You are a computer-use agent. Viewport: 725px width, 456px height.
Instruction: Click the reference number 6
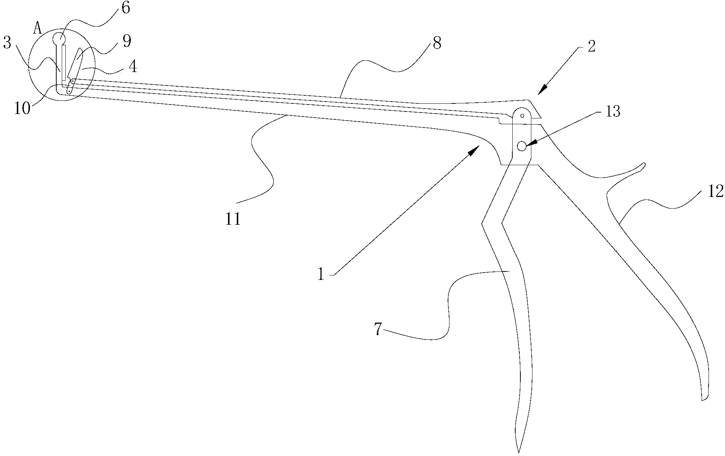coord(125,8)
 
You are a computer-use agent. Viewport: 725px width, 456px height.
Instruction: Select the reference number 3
coord(7,43)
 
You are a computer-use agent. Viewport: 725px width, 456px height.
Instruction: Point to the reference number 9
coord(126,41)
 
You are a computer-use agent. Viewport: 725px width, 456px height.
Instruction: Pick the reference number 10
coord(22,109)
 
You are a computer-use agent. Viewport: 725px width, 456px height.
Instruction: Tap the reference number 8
coord(437,43)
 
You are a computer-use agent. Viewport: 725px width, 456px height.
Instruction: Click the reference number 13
coord(613,112)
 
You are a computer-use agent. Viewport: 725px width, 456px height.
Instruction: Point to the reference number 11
coord(233,219)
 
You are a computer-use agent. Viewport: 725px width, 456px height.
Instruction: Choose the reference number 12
coord(715,191)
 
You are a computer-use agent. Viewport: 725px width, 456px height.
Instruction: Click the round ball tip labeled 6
coord(59,38)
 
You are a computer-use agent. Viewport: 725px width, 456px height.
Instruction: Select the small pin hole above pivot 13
coord(522,116)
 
